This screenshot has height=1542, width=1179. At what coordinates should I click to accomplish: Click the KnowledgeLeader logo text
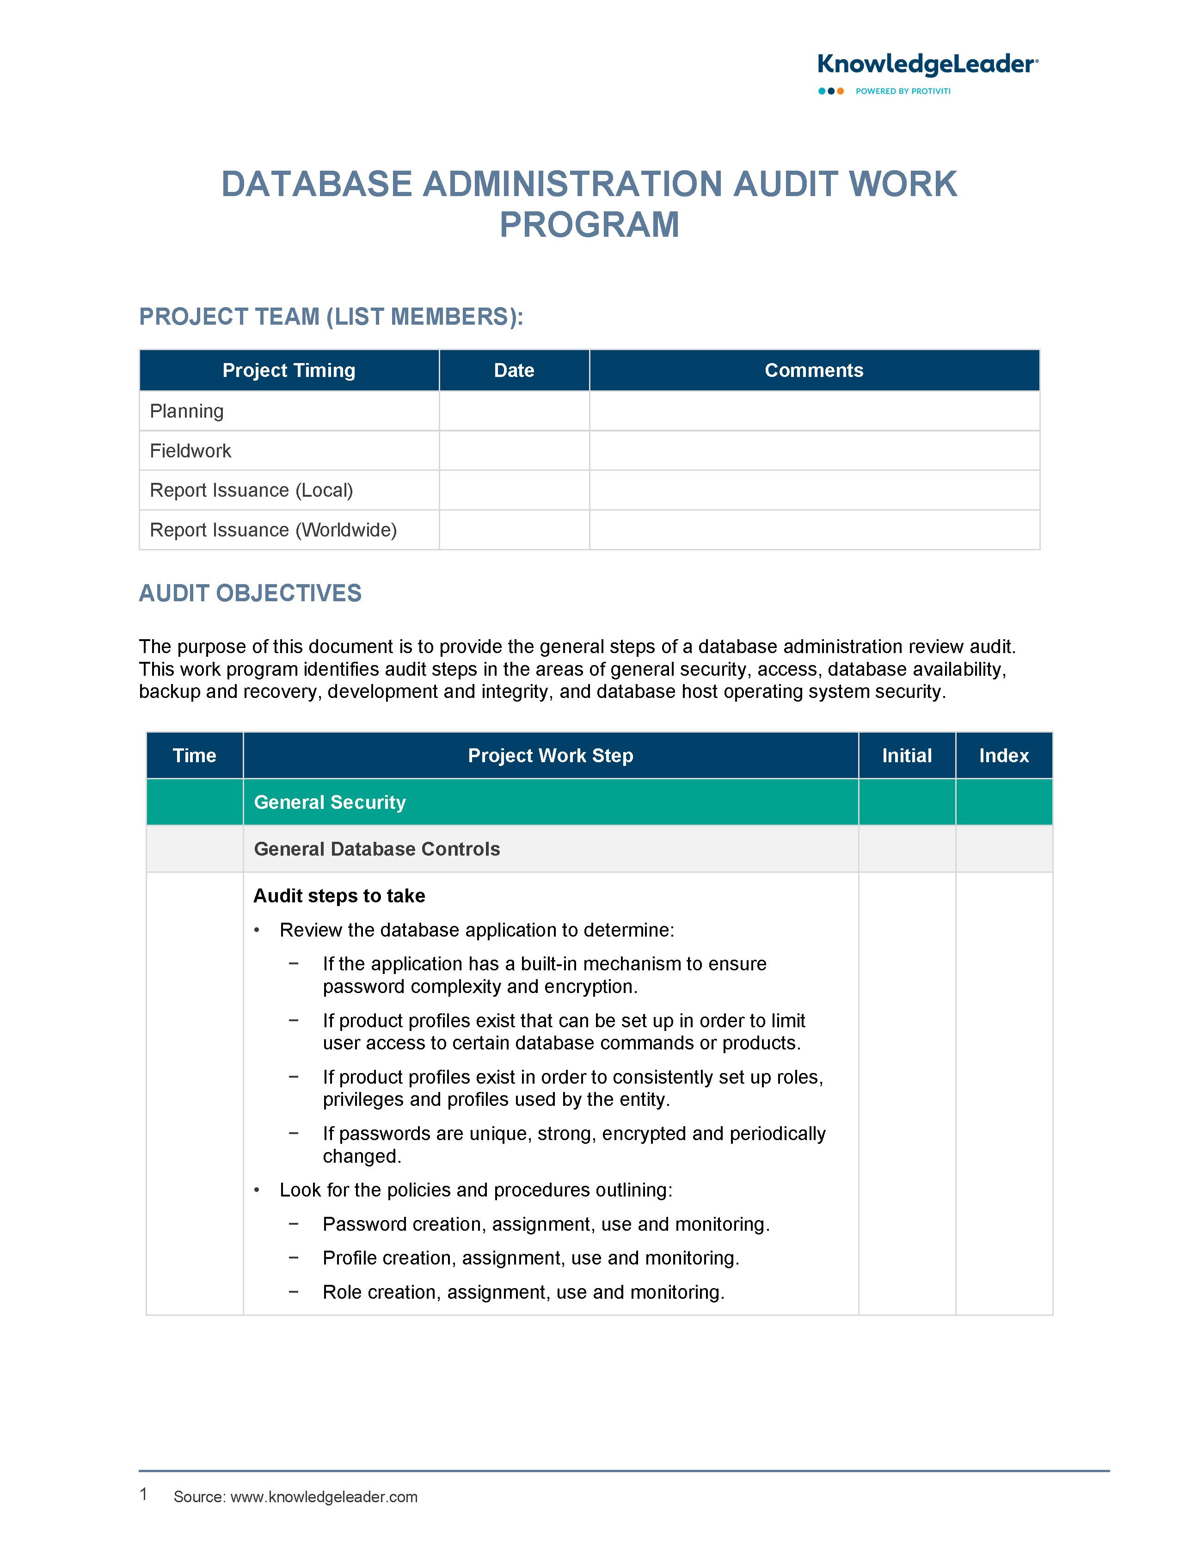coord(927,65)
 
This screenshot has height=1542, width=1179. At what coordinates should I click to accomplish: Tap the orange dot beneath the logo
coord(840,91)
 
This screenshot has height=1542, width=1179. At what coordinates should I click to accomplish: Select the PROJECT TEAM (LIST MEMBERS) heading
coord(331,316)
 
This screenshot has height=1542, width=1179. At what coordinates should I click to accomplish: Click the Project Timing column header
coord(289,370)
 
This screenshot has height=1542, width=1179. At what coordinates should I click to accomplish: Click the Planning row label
coord(187,411)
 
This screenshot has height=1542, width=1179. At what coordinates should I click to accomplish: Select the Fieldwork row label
coord(190,450)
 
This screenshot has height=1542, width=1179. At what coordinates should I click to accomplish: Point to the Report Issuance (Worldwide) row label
coord(273,530)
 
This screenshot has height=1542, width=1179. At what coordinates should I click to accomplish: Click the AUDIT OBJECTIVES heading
coord(250,593)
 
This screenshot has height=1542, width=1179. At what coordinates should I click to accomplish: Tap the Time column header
coord(194,756)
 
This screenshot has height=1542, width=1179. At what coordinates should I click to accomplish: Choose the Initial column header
coord(907,756)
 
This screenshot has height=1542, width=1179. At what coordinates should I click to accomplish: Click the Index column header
coord(1004,756)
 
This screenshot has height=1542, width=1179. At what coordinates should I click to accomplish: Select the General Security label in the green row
coord(330,802)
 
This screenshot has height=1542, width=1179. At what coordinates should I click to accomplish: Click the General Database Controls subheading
coord(377,849)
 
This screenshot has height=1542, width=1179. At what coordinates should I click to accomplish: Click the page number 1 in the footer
coord(143,1494)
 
